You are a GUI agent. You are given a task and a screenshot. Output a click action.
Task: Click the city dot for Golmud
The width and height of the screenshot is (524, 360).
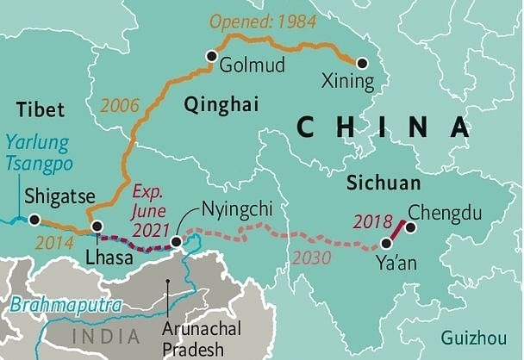(x=209, y=57)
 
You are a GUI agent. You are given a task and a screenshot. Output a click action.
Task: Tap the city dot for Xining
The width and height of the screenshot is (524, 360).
(x=362, y=63)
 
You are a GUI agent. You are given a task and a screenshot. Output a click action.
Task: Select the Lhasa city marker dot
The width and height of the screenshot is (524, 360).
(x=97, y=227)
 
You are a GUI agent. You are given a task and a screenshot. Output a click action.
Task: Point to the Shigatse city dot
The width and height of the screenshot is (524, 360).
(x=34, y=220)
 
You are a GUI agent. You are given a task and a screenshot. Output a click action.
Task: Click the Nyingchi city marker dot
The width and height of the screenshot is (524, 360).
(x=177, y=242)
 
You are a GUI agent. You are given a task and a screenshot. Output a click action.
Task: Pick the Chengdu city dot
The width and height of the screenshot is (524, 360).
(x=410, y=227)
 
